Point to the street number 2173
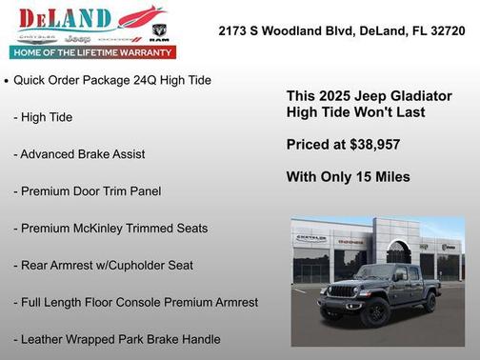233,30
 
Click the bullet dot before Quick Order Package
7,82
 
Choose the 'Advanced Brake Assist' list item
82,154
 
